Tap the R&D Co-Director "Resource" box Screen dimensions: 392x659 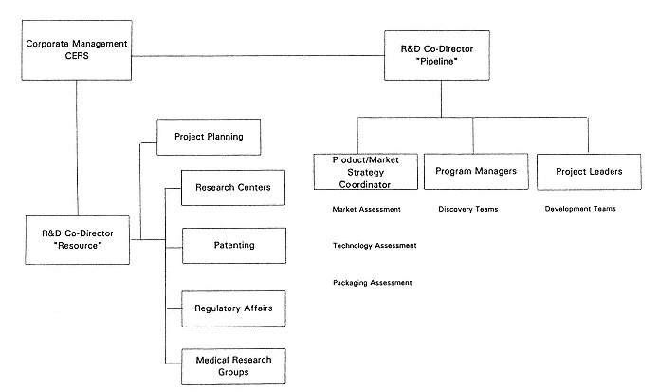tap(78, 239)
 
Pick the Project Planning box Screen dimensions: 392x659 tap(209, 137)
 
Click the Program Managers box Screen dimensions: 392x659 tap(475, 171)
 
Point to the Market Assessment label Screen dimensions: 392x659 tap(367, 209)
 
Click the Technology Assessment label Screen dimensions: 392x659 tap(375, 246)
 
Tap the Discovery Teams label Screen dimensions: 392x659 tap(468, 209)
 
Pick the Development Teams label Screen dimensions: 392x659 tap(580, 209)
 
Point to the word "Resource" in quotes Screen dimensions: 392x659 tap(78, 246)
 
